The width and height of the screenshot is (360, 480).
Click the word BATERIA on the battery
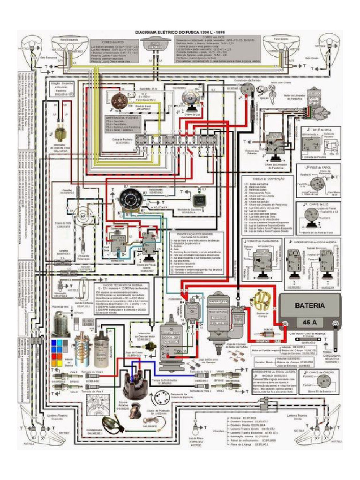310,305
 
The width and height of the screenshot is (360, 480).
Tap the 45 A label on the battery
309,323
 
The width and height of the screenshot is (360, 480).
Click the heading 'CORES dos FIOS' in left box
108,41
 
